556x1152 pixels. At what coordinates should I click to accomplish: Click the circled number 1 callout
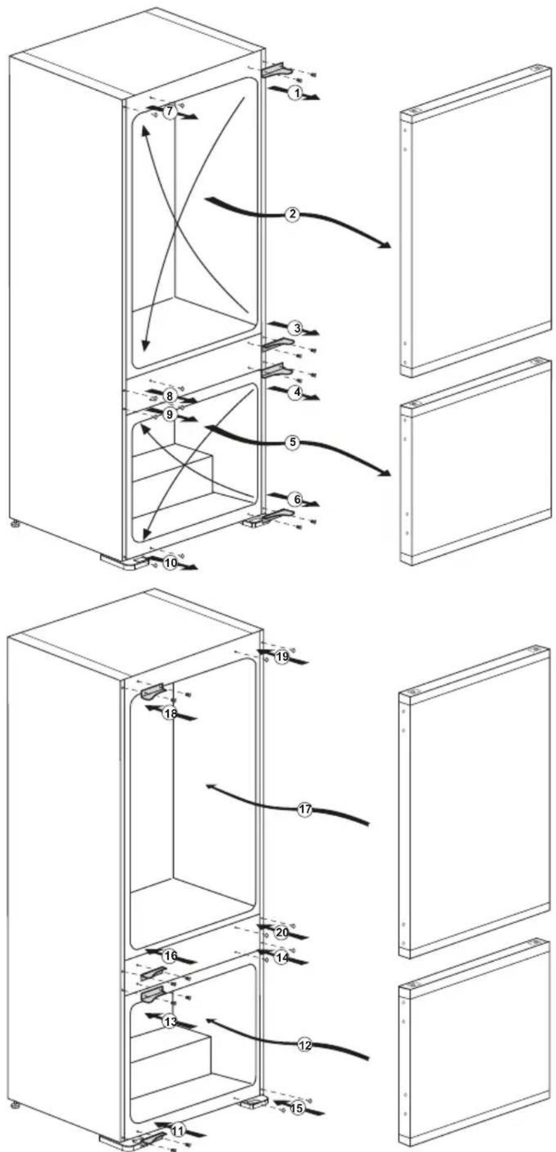pyautogui.click(x=297, y=94)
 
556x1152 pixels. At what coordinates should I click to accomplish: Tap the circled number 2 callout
pyautogui.click(x=293, y=214)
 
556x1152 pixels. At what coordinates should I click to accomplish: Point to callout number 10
pyautogui.click(x=171, y=562)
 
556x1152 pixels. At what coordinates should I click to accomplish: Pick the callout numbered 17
pyautogui.click(x=305, y=809)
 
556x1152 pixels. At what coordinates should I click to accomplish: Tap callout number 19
pyautogui.click(x=282, y=657)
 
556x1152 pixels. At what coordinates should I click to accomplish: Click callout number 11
pyautogui.click(x=178, y=1130)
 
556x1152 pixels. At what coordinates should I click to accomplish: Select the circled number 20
pyautogui.click(x=282, y=932)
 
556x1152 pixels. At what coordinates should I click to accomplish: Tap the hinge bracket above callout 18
pyautogui.click(x=154, y=691)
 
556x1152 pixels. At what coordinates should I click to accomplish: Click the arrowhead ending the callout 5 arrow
pyautogui.click(x=386, y=473)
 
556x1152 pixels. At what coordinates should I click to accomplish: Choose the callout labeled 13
pyautogui.click(x=171, y=1021)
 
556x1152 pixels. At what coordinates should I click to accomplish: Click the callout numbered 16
pyautogui.click(x=171, y=955)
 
